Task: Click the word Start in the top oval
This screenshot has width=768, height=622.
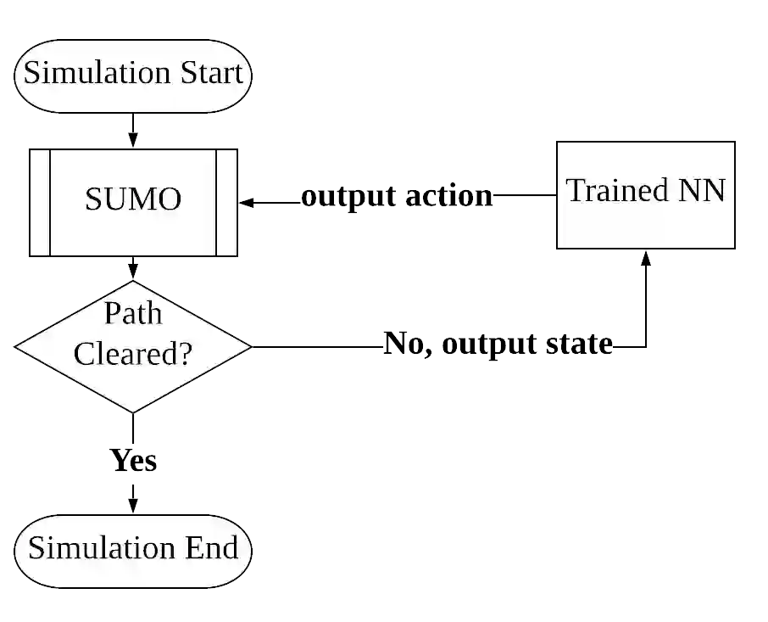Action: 211,73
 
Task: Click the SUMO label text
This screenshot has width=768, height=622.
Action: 133,200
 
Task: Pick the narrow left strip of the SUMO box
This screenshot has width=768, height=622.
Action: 39,203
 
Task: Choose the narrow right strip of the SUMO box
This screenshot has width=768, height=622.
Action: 225,203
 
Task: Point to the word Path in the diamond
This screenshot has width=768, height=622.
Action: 133,313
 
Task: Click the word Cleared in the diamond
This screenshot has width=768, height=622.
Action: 124,353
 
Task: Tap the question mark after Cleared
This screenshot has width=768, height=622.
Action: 183,353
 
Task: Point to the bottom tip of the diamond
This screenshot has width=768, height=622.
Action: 133,410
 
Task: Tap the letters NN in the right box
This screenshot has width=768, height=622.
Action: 703,190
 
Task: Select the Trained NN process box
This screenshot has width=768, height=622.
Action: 646,225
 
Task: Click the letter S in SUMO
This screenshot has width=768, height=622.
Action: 92,200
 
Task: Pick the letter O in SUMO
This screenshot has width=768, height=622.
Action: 170,200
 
